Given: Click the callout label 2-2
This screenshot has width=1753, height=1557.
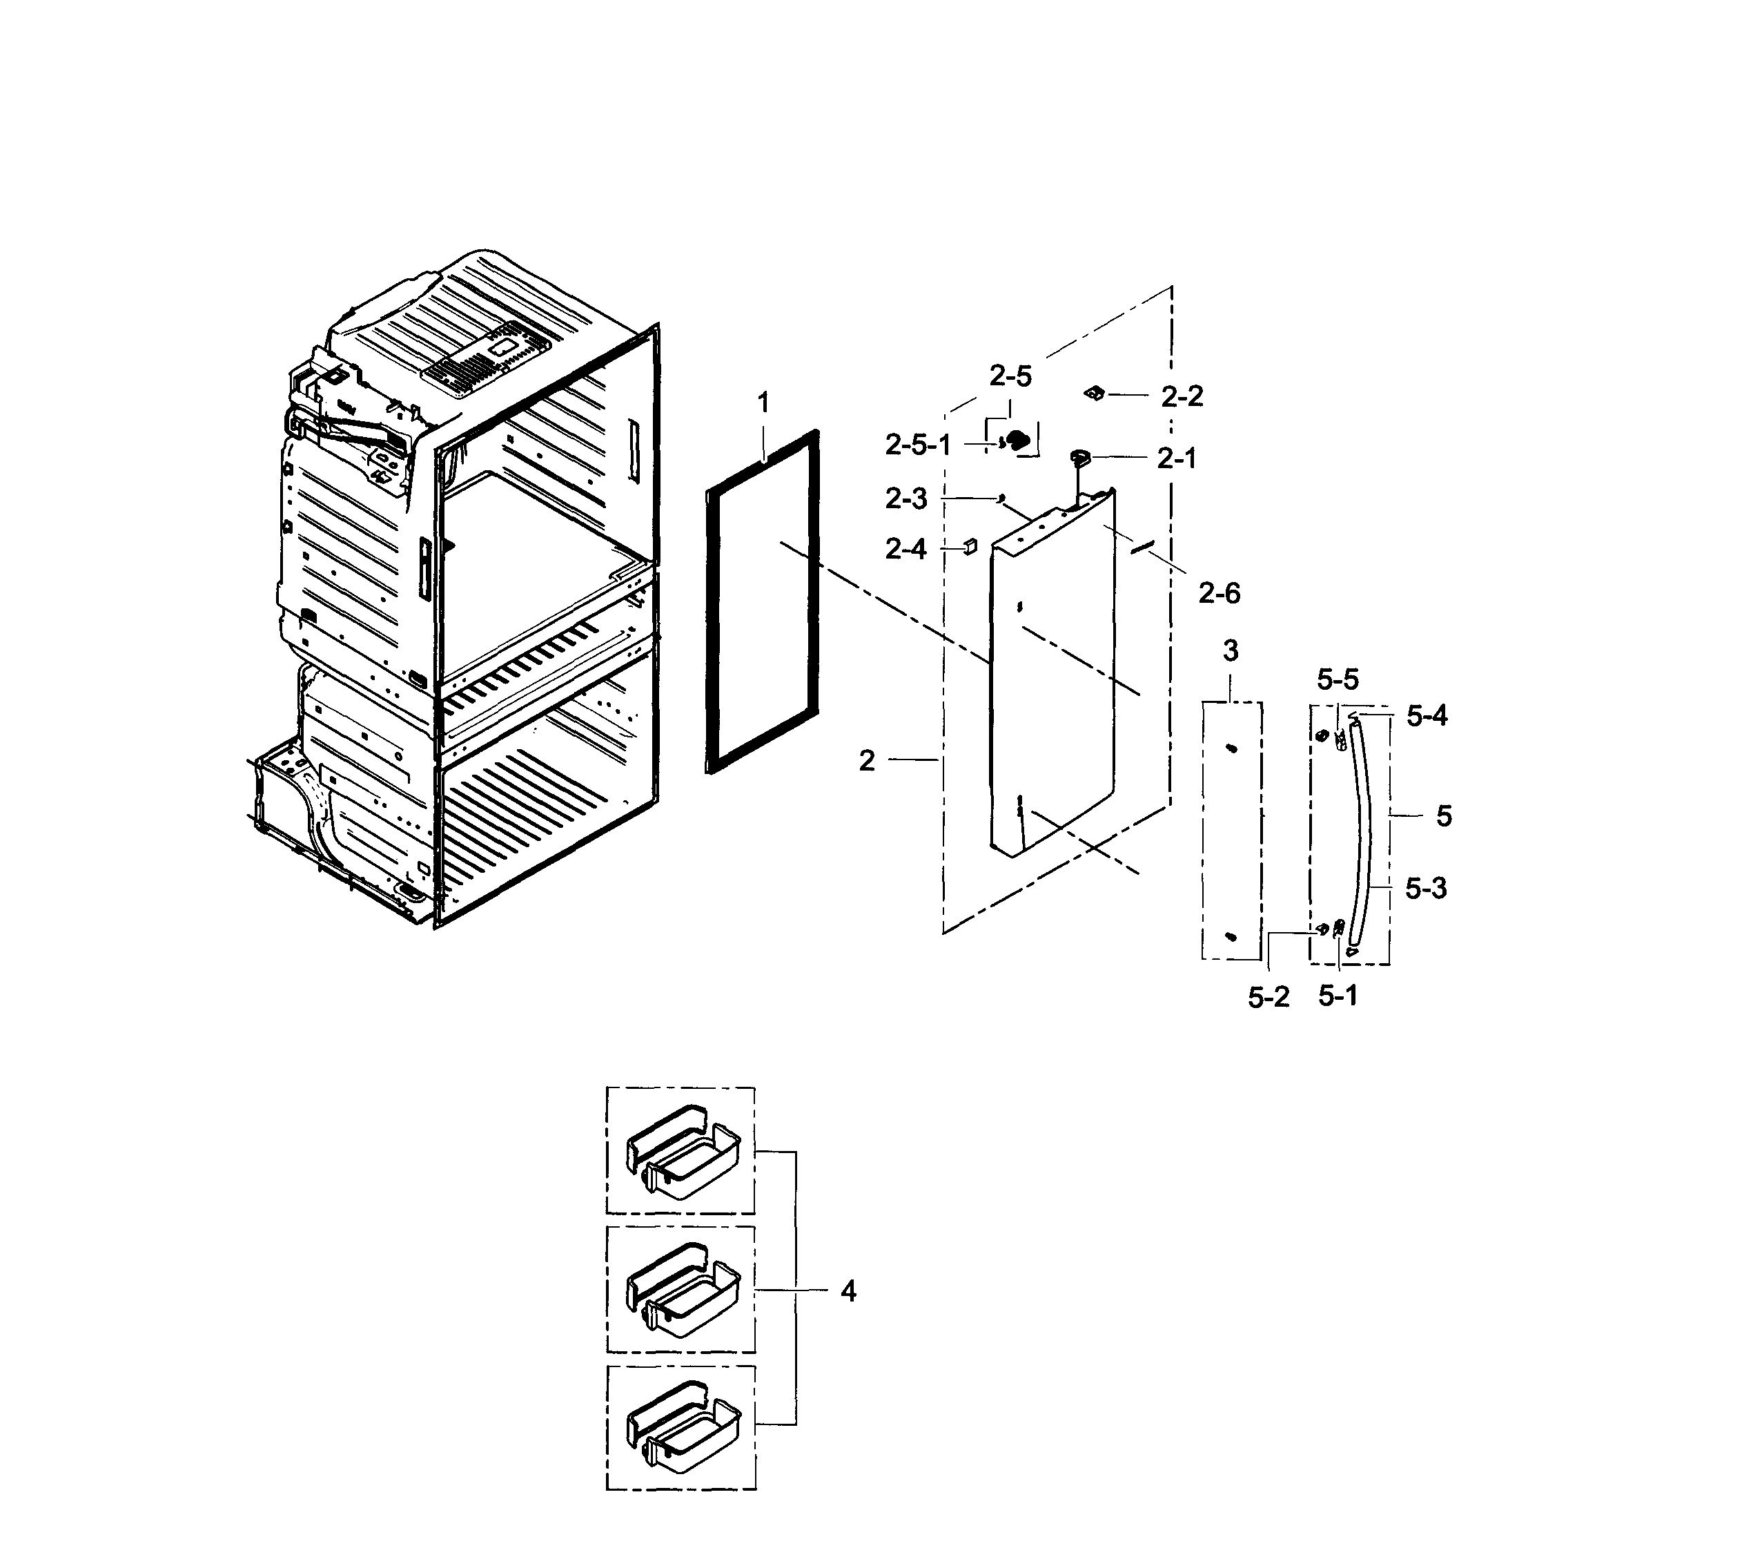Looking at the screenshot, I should [x=1182, y=396].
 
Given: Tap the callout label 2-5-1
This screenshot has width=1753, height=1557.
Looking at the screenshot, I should [x=918, y=445].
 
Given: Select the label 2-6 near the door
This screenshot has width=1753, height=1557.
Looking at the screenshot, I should [x=1219, y=593].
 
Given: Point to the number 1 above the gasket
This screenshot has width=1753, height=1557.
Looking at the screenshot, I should [x=763, y=403].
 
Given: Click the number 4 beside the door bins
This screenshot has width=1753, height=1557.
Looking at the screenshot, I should [x=848, y=1290].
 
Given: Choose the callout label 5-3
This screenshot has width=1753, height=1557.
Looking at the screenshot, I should [x=1425, y=888].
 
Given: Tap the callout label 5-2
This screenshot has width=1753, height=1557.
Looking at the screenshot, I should [x=1269, y=997].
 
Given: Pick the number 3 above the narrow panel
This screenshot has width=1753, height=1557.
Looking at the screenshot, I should [x=1231, y=651].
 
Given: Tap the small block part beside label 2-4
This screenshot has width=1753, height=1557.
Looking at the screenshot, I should [x=968, y=546].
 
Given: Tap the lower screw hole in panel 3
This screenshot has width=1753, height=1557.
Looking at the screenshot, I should [x=1231, y=935].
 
